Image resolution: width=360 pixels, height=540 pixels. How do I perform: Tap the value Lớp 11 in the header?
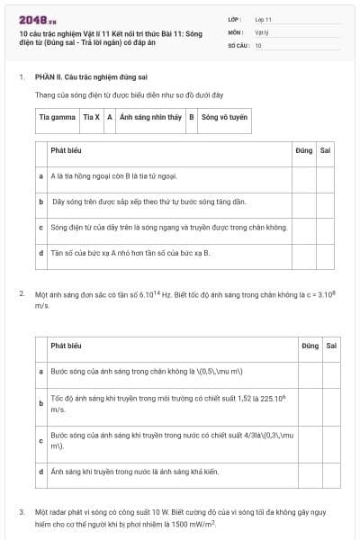[263, 18]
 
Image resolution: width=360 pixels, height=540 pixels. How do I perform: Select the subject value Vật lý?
[261, 31]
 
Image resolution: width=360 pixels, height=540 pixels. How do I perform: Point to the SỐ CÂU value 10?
[258, 44]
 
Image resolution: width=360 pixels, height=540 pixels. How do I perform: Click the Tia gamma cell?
[57, 117]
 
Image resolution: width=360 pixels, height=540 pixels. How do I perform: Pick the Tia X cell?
[91, 117]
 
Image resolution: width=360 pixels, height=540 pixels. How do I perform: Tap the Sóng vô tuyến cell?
[224, 117]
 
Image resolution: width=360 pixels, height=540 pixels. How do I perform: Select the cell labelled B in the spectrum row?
[191, 117]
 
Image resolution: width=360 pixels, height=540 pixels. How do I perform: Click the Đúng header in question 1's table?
[303, 150]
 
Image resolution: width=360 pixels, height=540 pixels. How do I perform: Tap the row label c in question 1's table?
[41, 227]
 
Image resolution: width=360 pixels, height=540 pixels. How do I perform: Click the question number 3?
[22, 511]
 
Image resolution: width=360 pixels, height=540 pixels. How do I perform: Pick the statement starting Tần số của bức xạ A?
[130, 253]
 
